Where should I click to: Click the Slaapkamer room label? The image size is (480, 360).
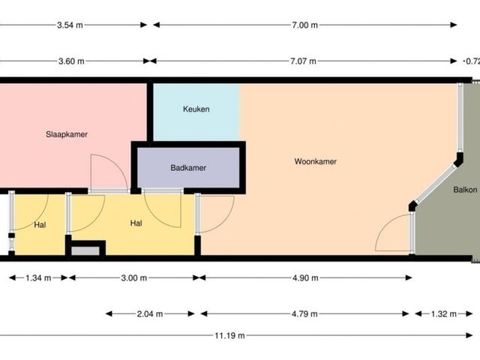pos(67,134)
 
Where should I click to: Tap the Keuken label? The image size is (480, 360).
pos(196,109)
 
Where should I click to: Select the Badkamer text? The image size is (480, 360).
pos(188,168)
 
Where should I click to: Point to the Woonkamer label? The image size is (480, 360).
pos(316,161)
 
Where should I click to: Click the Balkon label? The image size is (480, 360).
pos(465,190)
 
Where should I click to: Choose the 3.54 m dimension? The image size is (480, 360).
pos(70,25)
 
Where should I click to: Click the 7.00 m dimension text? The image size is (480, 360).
pos(304,25)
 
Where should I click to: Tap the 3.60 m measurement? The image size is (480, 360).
pos(71,61)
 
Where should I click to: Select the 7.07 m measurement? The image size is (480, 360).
pos(303,61)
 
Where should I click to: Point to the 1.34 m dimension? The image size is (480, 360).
pos(38,278)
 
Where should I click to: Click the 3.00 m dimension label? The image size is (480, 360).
pos(134,278)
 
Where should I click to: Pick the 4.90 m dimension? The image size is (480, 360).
pos(305,278)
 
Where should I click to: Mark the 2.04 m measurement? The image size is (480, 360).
pos(150,313)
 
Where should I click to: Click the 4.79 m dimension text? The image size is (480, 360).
pos(304,313)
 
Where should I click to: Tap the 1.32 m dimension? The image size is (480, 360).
pos(444,313)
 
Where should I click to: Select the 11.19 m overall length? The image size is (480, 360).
pos(229,335)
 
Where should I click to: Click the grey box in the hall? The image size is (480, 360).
pos(85,251)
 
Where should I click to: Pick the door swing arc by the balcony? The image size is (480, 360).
pos(385,223)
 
